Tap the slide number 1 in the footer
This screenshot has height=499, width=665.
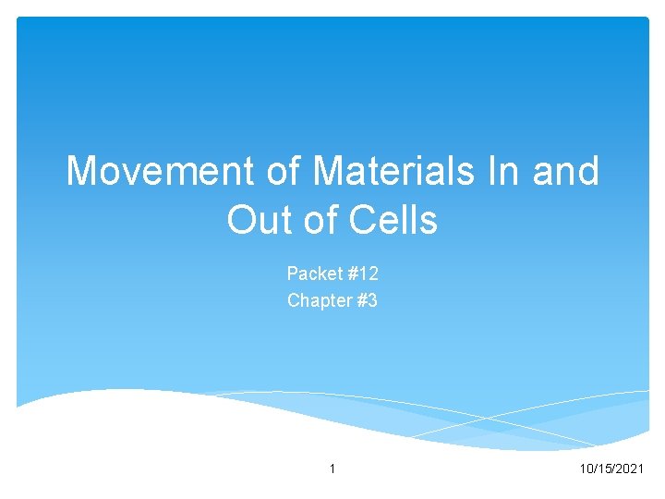pos(332,470)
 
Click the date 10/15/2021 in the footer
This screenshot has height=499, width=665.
pos(611,470)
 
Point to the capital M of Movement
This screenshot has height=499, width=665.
pos(81,172)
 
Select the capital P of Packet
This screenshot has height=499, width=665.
pos(292,274)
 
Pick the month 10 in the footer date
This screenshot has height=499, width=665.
pos(584,470)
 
